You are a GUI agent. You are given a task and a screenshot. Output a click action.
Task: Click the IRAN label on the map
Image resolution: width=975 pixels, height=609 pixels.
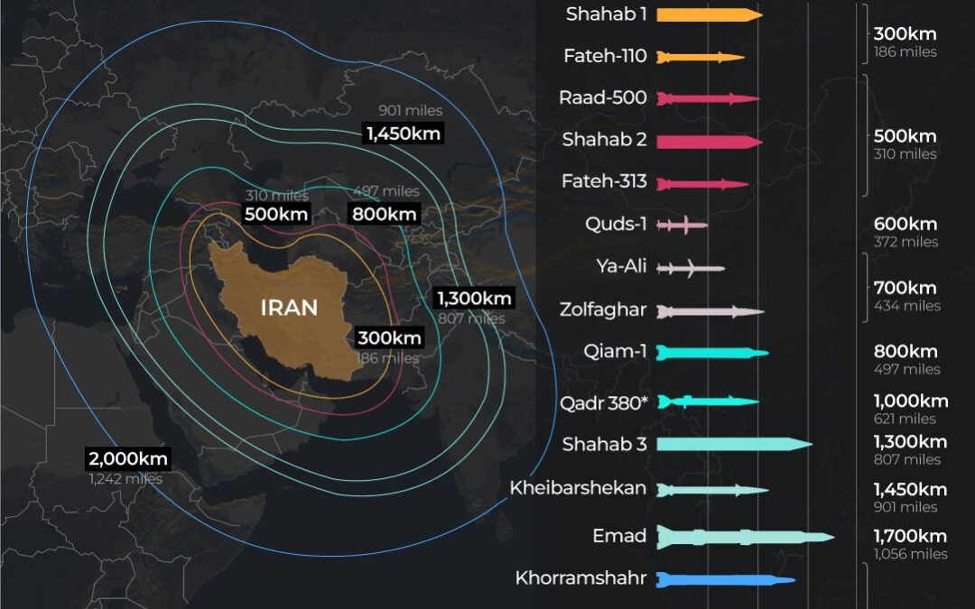[x=289, y=308]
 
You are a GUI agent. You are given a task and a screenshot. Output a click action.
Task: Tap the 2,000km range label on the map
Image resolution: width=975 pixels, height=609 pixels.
[x=127, y=458]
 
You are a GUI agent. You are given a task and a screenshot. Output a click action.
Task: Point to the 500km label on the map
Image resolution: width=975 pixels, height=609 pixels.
[x=276, y=215]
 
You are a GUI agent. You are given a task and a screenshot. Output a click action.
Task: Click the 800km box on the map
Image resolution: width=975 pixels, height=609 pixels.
[x=384, y=215]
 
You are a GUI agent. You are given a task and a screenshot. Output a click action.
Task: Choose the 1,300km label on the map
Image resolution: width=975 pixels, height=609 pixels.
[x=474, y=299]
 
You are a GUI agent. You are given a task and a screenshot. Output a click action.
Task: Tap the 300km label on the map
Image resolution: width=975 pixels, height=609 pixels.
[x=389, y=338]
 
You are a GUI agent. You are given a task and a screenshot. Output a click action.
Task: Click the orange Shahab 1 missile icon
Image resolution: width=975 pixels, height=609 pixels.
[x=710, y=14]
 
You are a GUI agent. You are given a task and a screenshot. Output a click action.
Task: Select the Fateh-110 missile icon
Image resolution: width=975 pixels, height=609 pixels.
[x=701, y=57]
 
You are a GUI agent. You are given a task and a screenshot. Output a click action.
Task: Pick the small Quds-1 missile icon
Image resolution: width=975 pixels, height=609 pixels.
[x=682, y=224]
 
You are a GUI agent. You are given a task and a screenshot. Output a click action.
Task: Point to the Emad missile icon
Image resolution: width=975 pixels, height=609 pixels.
[x=746, y=538]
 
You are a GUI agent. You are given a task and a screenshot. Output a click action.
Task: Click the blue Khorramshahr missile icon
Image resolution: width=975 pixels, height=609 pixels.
[x=726, y=579]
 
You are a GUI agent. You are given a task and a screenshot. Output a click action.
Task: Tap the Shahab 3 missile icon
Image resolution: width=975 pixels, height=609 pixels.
[x=734, y=444]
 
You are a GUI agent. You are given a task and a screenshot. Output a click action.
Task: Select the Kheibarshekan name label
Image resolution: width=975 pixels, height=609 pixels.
[x=578, y=488]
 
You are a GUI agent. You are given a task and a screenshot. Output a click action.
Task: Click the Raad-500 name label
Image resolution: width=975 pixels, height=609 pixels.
[x=603, y=97]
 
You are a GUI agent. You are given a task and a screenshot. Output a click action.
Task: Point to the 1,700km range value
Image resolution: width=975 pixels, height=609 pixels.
[x=910, y=536]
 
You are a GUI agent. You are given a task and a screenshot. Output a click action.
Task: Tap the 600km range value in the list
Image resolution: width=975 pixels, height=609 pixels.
[x=905, y=224]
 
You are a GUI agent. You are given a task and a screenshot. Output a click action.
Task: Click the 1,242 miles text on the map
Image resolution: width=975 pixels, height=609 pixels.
[x=125, y=479]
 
